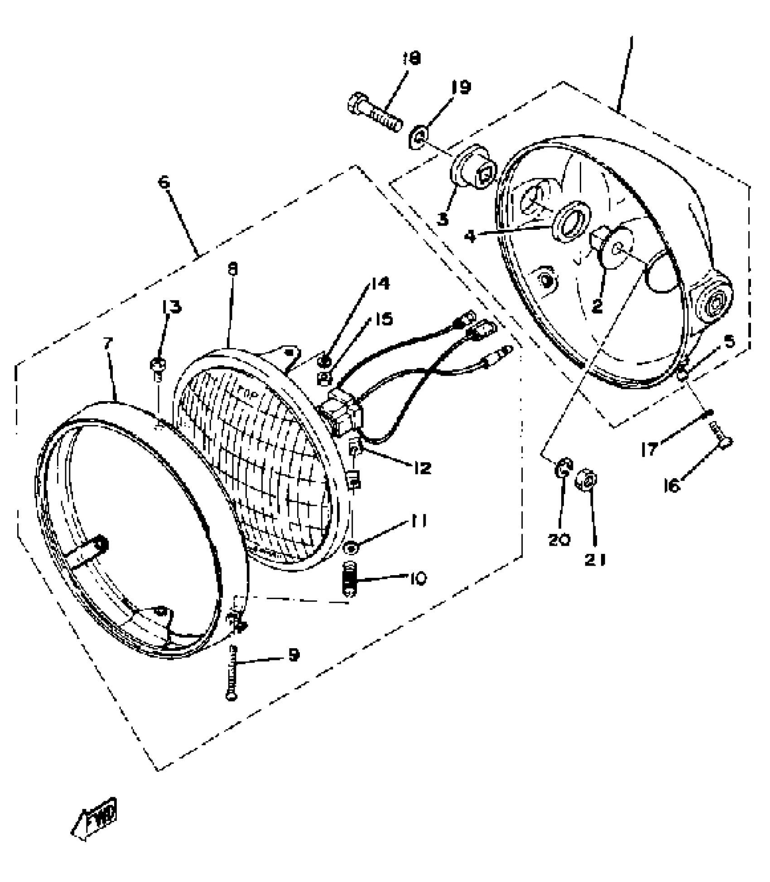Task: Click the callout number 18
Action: (x=412, y=58)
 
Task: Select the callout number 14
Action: (x=380, y=284)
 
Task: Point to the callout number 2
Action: (x=597, y=306)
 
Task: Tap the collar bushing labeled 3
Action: (x=472, y=170)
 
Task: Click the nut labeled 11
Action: (x=351, y=548)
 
